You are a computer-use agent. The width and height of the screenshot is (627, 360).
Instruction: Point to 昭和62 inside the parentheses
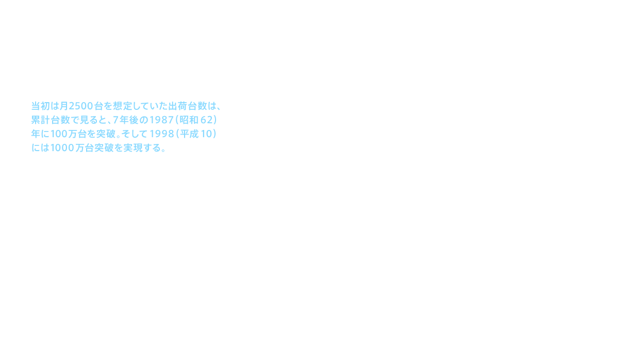tap(195, 120)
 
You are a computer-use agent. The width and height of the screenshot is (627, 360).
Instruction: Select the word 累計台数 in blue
tap(49, 120)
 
